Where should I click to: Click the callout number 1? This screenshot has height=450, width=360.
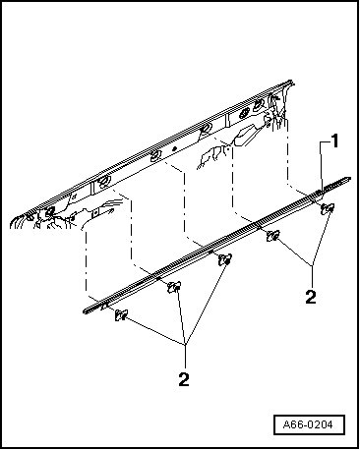click(x=334, y=141)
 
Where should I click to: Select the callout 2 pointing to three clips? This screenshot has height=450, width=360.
click(x=184, y=379)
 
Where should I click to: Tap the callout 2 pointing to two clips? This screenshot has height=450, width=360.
click(x=311, y=297)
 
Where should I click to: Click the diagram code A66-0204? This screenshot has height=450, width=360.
click(x=308, y=424)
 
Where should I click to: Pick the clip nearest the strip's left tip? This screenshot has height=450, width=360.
click(x=121, y=315)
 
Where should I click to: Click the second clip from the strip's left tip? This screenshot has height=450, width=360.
click(x=174, y=287)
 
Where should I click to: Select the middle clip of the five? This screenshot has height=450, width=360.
click(x=225, y=259)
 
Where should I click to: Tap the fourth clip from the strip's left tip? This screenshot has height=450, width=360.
click(x=272, y=235)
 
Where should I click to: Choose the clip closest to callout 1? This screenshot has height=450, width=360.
click(x=328, y=208)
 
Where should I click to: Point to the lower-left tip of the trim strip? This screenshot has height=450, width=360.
click(x=85, y=311)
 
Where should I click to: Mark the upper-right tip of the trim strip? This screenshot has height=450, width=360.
click(x=350, y=179)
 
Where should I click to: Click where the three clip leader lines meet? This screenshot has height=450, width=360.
click(x=186, y=345)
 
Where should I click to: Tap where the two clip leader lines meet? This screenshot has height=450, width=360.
click(x=313, y=264)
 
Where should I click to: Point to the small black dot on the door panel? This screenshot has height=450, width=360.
click(x=175, y=148)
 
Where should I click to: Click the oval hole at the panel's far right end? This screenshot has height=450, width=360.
click(x=259, y=103)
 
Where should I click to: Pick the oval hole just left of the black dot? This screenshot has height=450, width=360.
click(x=154, y=156)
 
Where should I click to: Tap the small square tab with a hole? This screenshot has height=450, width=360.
click(x=95, y=213)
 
